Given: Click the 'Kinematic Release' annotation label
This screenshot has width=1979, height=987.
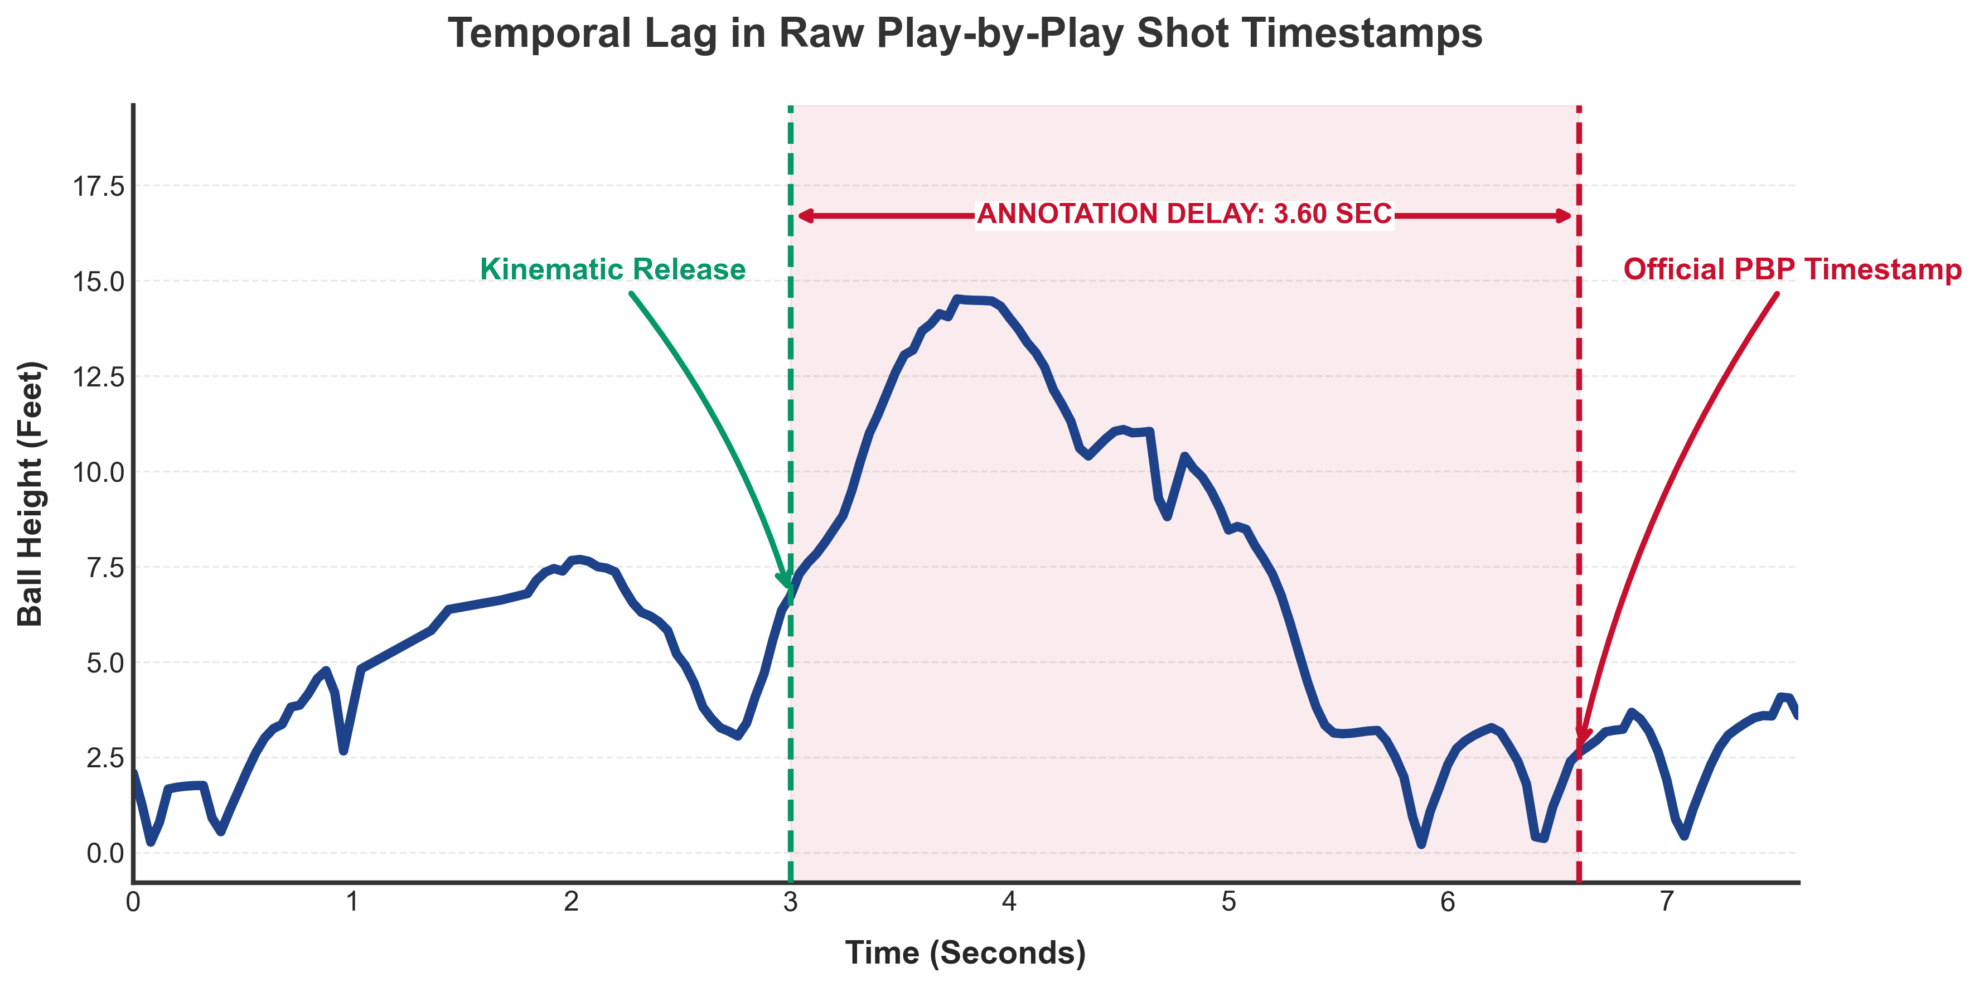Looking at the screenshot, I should pyautogui.click(x=612, y=269).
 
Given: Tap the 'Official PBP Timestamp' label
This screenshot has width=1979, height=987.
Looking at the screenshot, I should pyautogui.click(x=1792, y=269).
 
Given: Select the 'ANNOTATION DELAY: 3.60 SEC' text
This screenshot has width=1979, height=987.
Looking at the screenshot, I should pyautogui.click(x=1184, y=214).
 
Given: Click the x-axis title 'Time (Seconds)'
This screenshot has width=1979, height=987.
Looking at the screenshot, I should pyautogui.click(x=966, y=952).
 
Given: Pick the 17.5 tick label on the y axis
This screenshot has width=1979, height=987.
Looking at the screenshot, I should pyautogui.click(x=98, y=186).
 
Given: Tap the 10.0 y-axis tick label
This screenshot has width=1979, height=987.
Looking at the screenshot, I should pyautogui.click(x=98, y=472).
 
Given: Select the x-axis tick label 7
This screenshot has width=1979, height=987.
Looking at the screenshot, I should pyautogui.click(x=1666, y=902).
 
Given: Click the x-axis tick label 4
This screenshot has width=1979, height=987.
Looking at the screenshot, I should pyautogui.click(x=1009, y=902).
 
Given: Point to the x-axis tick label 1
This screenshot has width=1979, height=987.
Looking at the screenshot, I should pyautogui.click(x=352, y=902).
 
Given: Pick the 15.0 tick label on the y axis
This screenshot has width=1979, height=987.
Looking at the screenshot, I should pyautogui.click(x=98, y=281).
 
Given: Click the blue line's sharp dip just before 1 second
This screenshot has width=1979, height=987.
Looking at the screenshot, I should pyautogui.click(x=343, y=751).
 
